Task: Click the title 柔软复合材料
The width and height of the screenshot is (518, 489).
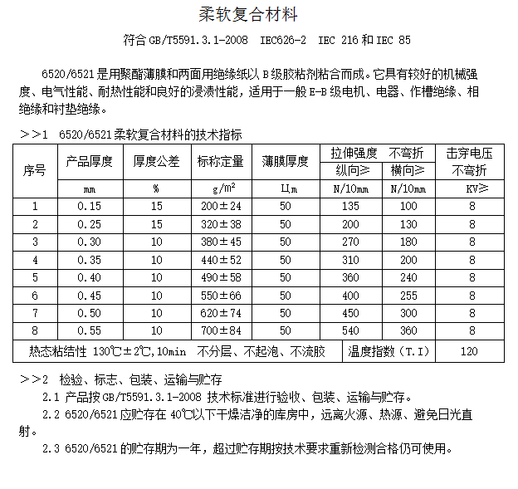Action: click(248, 15)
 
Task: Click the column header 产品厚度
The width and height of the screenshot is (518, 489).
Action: click(88, 161)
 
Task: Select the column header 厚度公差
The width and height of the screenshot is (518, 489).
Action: click(156, 161)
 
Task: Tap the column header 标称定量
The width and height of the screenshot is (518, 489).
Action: click(220, 161)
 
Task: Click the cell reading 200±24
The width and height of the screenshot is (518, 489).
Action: click(220, 206)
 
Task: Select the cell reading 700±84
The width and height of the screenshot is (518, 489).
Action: click(220, 330)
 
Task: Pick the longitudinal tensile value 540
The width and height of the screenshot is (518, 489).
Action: click(351, 330)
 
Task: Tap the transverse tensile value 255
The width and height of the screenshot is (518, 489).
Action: click(408, 295)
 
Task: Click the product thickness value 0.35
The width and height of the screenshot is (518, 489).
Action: click(88, 259)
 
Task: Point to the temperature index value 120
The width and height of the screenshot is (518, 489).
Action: click(469, 351)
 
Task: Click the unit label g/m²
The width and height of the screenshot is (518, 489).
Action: click(220, 188)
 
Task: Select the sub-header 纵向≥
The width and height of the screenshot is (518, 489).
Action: click(351, 170)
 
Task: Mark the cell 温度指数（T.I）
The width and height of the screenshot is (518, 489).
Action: click(389, 351)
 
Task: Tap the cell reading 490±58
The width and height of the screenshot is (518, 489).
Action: click(220, 276)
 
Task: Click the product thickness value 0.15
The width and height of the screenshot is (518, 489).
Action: click(88, 206)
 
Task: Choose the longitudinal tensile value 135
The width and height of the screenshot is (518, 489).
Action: click(351, 206)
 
